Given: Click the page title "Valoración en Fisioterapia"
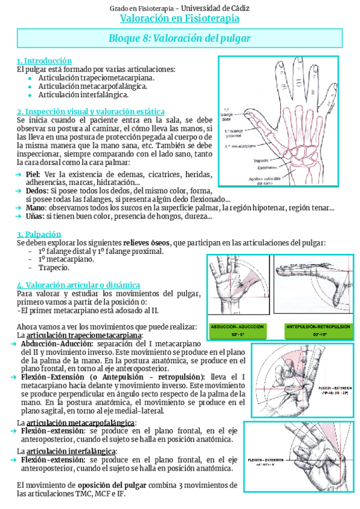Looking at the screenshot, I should [x=179, y=19].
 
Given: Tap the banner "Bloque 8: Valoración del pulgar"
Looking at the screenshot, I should [x=179, y=38].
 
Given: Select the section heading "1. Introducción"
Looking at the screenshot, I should [x=44, y=61].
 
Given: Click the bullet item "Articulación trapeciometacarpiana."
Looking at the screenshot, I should [x=96, y=77].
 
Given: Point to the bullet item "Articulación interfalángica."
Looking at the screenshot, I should [x=83, y=94].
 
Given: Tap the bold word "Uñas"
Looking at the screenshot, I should [x=34, y=216].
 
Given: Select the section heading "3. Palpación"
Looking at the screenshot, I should [x=39, y=233].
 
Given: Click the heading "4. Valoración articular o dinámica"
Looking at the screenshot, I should [x=79, y=285].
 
